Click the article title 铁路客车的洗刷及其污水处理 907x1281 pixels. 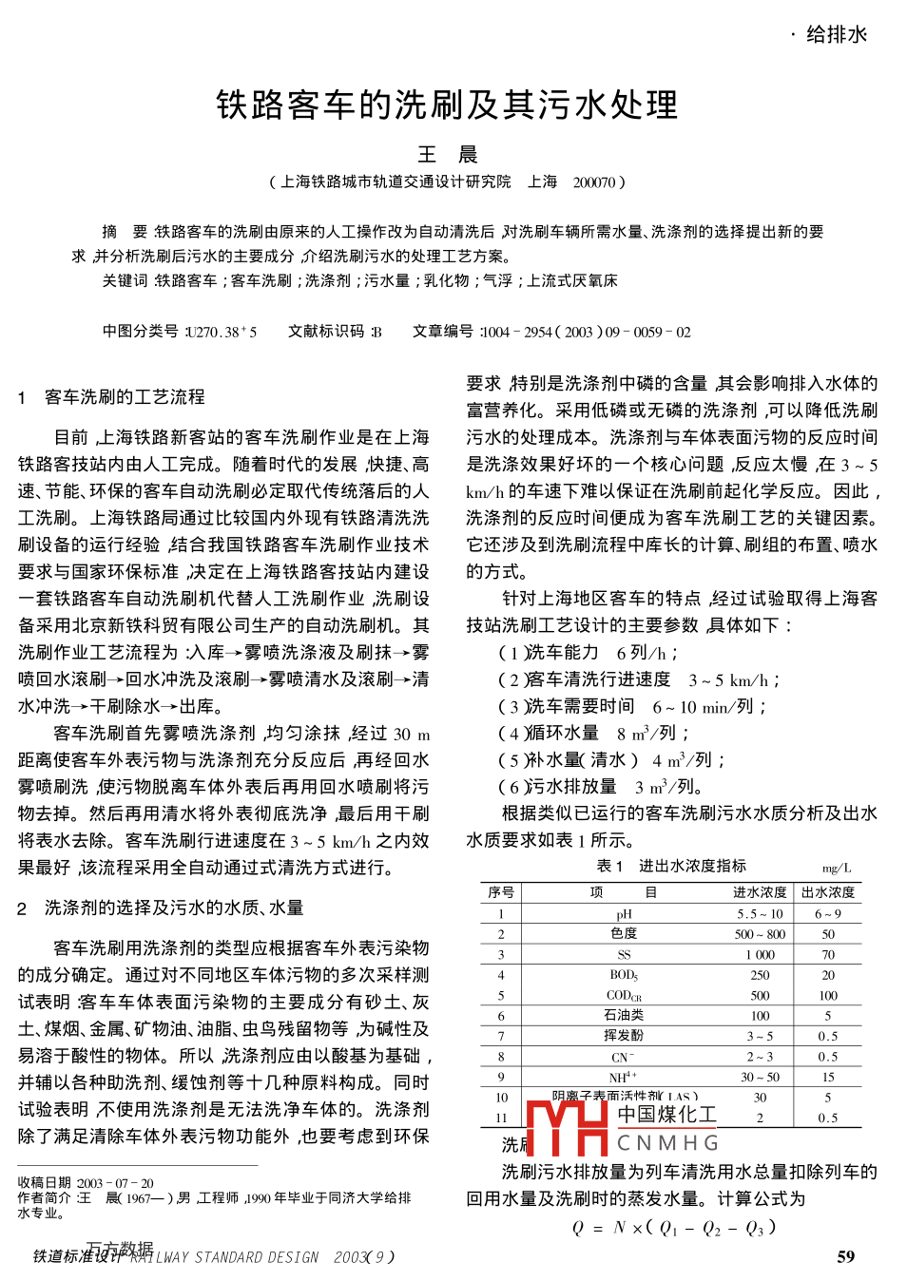coord(447,105)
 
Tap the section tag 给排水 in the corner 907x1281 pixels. coord(837,35)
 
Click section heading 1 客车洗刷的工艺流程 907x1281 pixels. coord(111,397)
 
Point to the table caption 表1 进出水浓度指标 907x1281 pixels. coord(670,866)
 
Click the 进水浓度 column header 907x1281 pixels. coord(760,892)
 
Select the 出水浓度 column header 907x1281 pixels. coord(828,892)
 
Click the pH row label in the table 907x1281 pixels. coord(624,914)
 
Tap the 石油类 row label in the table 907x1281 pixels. coord(624,1015)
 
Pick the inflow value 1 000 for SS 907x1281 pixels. coord(760,955)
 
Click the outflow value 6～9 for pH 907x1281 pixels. coord(828,914)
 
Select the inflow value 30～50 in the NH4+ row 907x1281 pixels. coord(760,1077)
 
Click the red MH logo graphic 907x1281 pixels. coord(567,1127)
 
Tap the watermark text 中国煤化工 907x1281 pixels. coord(667,1114)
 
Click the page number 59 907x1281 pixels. coord(845,1257)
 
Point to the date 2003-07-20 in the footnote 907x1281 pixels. coord(115,1183)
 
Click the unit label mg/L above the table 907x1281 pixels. coord(837,869)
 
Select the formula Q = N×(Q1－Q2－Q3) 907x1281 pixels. coord(674,1228)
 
